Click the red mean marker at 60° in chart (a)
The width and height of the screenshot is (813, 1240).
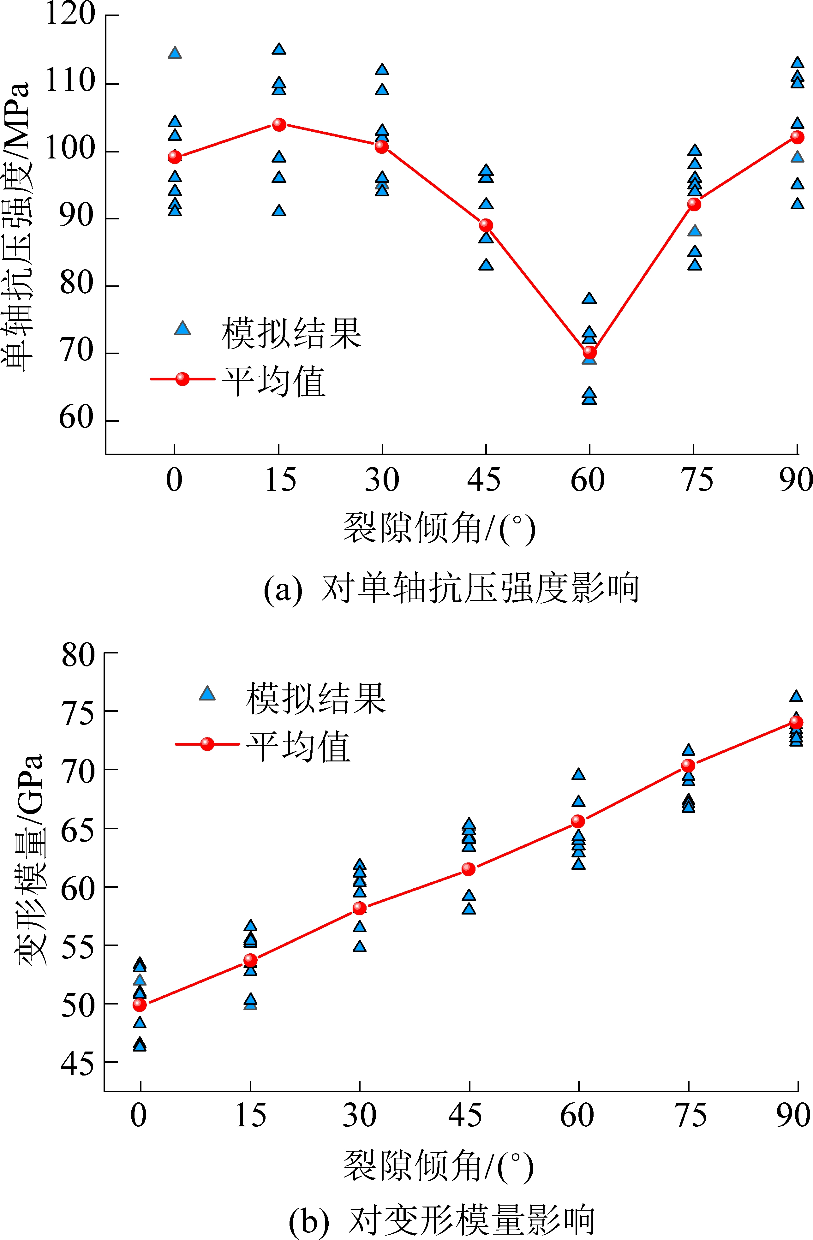coord(589,353)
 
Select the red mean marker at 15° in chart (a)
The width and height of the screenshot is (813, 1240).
coord(279,124)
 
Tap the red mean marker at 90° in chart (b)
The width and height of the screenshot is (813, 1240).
coord(796,722)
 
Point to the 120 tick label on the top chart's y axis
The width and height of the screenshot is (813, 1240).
coord(70,15)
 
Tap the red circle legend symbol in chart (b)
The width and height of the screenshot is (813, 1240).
coord(207,744)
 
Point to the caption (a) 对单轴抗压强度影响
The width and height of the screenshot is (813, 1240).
coord(451,589)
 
